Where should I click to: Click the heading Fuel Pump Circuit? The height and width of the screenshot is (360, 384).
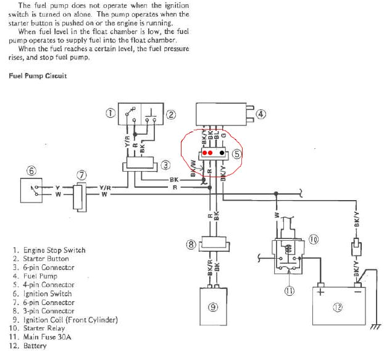pos(38,76)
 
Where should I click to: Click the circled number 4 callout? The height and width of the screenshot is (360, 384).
pos(261,114)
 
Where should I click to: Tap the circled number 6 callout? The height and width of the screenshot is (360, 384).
pos(31,170)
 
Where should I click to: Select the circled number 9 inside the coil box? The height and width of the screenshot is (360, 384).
pos(213,309)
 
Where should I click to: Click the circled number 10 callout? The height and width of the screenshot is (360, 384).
pos(313,239)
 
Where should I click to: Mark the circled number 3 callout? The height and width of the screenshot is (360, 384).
pos(165,165)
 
